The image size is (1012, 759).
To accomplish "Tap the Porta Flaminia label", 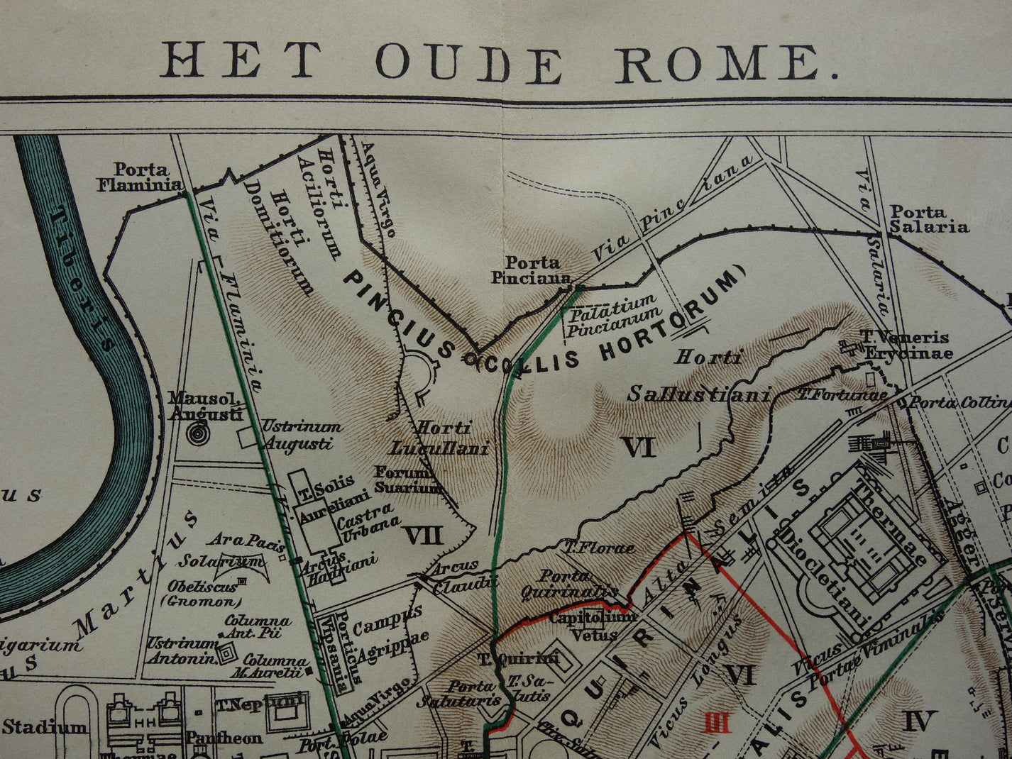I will [x=141, y=177].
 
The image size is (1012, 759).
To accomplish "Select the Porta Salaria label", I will [x=928, y=219].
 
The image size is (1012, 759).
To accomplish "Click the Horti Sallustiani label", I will [x=699, y=376].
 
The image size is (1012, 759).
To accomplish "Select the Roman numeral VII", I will [x=423, y=535].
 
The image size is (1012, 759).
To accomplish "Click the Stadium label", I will [x=45, y=726].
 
